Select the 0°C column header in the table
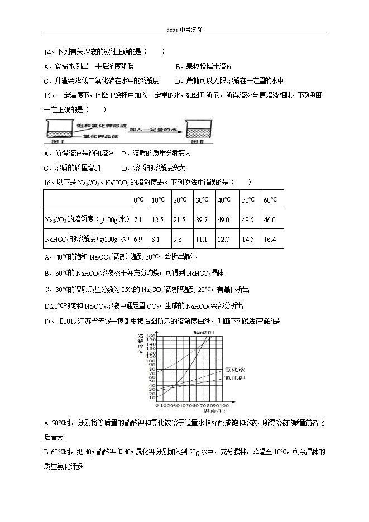click(138, 200)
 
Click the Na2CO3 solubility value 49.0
click(223, 220)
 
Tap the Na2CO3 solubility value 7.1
click(138, 220)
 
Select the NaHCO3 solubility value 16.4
click(270, 240)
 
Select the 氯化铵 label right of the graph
click(235, 370)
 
